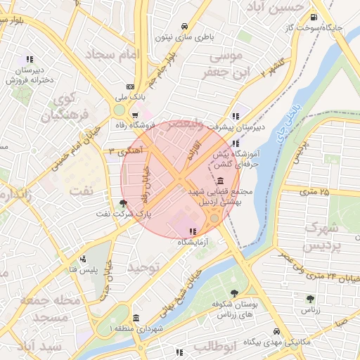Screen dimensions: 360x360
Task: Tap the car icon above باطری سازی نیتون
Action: click(184, 23)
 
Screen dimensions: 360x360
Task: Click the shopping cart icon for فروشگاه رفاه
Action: click(135, 114)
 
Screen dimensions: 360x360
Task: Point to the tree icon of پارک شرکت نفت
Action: click(124, 202)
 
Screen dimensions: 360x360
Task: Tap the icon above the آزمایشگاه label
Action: click(192, 231)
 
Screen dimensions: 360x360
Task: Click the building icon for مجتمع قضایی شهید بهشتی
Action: click(221, 181)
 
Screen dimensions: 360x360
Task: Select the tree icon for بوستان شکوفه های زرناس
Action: click(234, 294)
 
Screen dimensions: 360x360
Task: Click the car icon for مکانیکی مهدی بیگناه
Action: click(277, 331)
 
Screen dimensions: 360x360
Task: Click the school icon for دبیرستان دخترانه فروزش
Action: click(29, 60)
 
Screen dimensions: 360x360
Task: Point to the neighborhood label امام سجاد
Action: click(113, 53)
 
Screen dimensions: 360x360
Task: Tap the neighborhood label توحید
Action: click(145, 268)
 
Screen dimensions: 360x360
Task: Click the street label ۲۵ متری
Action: click(314, 191)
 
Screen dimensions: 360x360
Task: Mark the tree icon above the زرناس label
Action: click(310, 299)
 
